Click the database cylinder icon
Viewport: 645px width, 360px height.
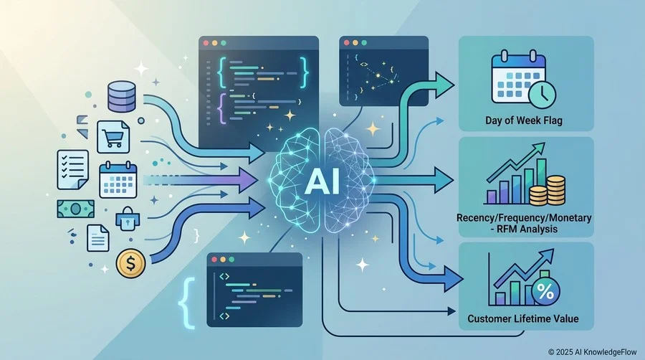pyautogui.click(x=121, y=96)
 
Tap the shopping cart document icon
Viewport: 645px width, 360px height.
pyautogui.click(x=113, y=137)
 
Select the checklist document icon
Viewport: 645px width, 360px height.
pyautogui.click(x=72, y=169)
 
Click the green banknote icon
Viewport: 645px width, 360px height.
pyautogui.click(x=75, y=209)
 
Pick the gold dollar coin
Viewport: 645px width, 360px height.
pyautogui.click(x=131, y=264)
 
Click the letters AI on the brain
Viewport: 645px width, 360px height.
pyautogui.click(x=322, y=182)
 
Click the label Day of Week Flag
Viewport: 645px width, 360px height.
pyautogui.click(x=524, y=120)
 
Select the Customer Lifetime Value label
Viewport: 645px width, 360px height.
pyautogui.click(x=523, y=318)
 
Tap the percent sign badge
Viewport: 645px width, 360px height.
pyautogui.click(x=545, y=291)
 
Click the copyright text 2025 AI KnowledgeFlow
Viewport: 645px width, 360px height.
pyautogui.click(x=593, y=352)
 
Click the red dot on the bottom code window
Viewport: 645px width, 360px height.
pyautogui.click(x=214, y=260)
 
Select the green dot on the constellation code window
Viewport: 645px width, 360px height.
pyautogui.click(x=365, y=43)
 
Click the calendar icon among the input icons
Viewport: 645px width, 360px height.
pyautogui.click(x=118, y=180)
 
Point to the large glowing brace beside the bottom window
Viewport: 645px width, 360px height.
pyautogui.click(x=186, y=303)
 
